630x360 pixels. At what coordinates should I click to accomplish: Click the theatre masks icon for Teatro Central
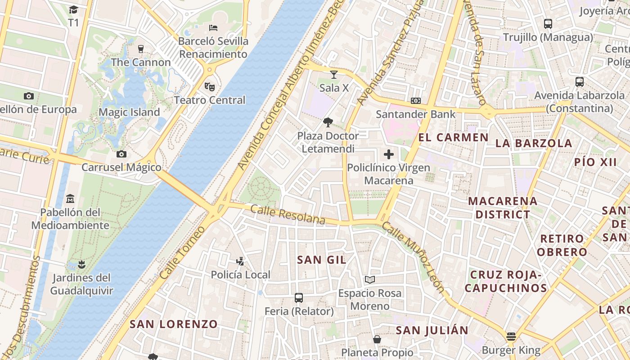click(x=209, y=86)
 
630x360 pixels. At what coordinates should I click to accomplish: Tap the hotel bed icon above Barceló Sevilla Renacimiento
click(x=213, y=28)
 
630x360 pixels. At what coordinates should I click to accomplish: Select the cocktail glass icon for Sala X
click(x=333, y=74)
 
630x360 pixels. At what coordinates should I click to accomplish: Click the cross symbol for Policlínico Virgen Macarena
click(x=389, y=154)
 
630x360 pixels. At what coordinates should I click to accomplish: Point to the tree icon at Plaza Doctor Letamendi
click(x=328, y=122)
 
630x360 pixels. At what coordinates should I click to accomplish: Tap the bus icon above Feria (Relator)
click(x=299, y=297)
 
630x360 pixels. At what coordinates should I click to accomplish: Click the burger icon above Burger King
click(x=511, y=337)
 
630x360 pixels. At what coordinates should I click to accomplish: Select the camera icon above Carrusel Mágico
click(x=121, y=154)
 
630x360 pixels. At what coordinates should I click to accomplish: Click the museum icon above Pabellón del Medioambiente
click(x=70, y=198)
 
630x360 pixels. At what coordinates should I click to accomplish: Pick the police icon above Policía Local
click(x=240, y=261)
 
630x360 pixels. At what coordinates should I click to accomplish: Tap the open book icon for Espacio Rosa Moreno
click(x=370, y=279)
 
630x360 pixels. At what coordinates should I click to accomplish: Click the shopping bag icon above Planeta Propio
click(x=377, y=339)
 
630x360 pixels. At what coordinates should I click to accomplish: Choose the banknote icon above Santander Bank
click(x=416, y=101)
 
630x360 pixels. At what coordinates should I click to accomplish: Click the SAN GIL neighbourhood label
click(x=322, y=260)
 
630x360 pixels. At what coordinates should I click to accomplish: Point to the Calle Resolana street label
click(x=288, y=214)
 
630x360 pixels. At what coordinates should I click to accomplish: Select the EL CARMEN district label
click(x=453, y=138)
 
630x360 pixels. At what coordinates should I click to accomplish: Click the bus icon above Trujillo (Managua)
click(x=548, y=24)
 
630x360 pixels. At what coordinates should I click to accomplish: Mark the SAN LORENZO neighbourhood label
click(x=174, y=324)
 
